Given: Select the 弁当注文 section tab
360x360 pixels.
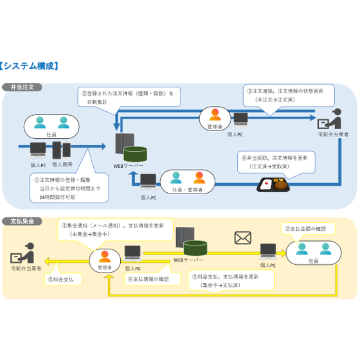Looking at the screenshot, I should click(22, 87).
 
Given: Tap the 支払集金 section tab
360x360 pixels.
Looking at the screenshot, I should click(22, 221).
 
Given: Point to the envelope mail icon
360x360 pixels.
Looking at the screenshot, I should click(242, 239).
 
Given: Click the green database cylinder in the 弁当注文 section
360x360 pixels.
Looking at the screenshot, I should click(136, 154).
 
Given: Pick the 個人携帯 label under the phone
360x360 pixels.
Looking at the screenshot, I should click(62, 165).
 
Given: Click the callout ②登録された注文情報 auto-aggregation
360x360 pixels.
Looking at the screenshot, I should click(127, 96).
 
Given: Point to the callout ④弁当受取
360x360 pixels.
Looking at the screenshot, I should click(279, 161).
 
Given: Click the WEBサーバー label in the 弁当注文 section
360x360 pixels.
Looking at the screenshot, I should click(127, 166).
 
